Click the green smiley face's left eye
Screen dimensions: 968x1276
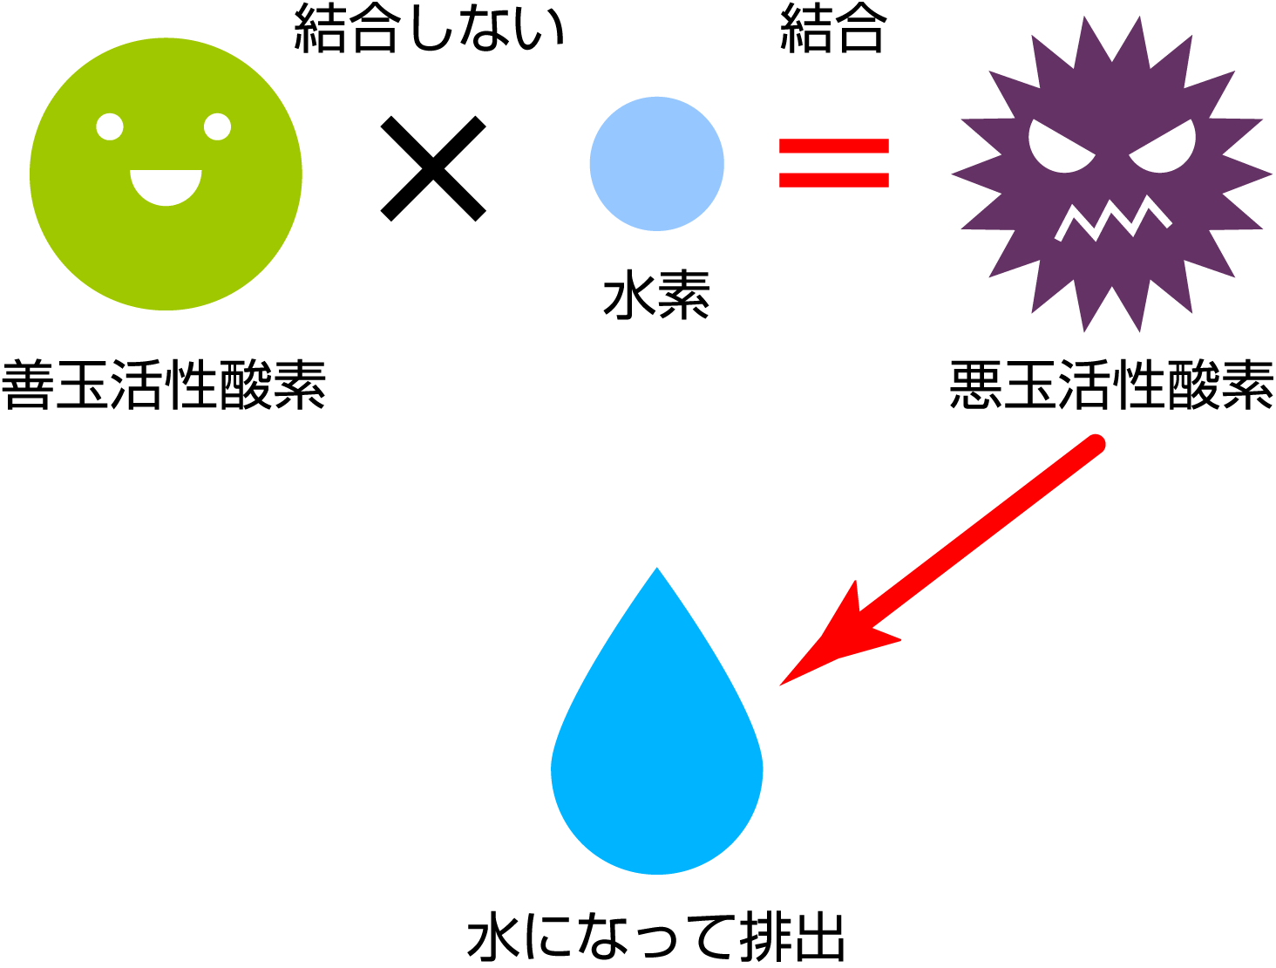click(110, 126)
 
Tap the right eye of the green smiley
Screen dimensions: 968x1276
click(217, 126)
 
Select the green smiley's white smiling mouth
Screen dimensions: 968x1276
click(166, 186)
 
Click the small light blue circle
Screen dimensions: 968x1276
click(656, 164)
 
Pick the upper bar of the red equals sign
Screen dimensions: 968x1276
click(833, 147)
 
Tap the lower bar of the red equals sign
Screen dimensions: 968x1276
click(833, 180)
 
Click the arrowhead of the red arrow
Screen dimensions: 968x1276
click(828, 645)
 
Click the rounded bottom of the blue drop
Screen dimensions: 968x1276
click(656, 868)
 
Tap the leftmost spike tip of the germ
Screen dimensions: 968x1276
click(953, 174)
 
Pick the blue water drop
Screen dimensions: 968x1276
click(656, 750)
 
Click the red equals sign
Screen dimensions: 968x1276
click(833, 163)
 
